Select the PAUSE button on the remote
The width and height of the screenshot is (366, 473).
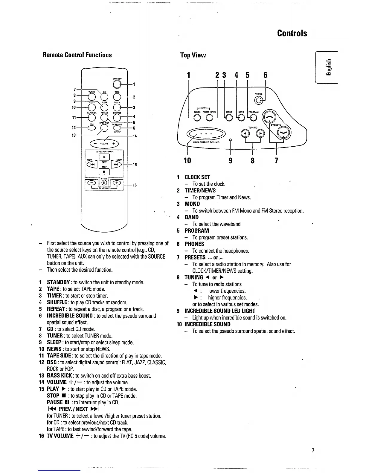pyautogui.click(x=104, y=183)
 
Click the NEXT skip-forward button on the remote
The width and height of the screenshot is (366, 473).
pyautogui.click(x=116, y=165)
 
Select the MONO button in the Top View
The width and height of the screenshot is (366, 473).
pyautogui.click(x=229, y=118)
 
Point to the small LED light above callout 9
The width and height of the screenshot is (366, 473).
pyautogui.click(x=230, y=139)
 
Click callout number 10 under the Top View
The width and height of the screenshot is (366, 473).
pyautogui.click(x=187, y=161)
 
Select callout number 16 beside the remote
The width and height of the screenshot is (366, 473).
pyautogui.click(x=135, y=185)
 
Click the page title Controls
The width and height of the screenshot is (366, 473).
pyautogui.click(x=292, y=33)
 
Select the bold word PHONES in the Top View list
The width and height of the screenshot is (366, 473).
pyautogui.click(x=194, y=244)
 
